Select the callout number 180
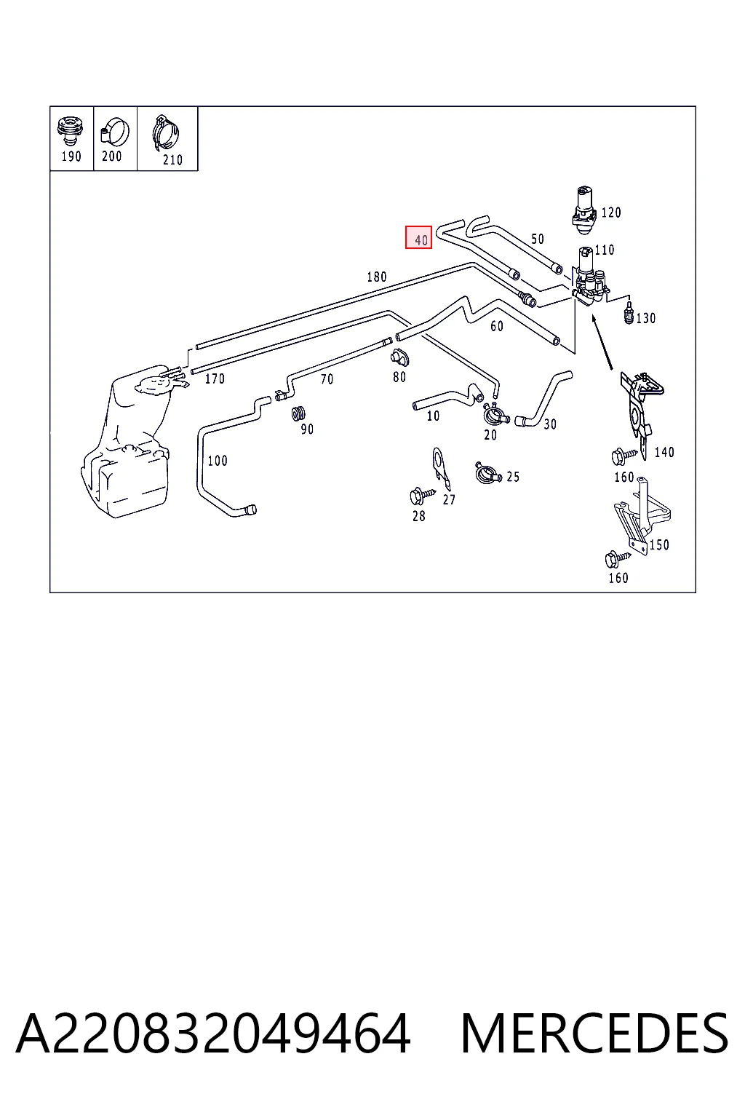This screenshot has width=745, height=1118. coord(377,277)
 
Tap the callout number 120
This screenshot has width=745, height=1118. coord(611,213)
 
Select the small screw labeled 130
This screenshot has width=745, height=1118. coord(629,312)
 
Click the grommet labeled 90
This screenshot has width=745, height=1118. coord(298,413)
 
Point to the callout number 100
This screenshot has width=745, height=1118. coord(218,460)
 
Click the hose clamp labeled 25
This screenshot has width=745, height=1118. coord(487,472)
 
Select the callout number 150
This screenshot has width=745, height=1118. coord(659,544)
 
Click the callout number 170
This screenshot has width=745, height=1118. coord(215,378)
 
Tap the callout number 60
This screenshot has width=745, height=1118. coord(496,326)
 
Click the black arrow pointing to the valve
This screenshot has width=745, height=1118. coord(602,342)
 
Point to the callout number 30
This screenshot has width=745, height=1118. coord(550,424)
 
